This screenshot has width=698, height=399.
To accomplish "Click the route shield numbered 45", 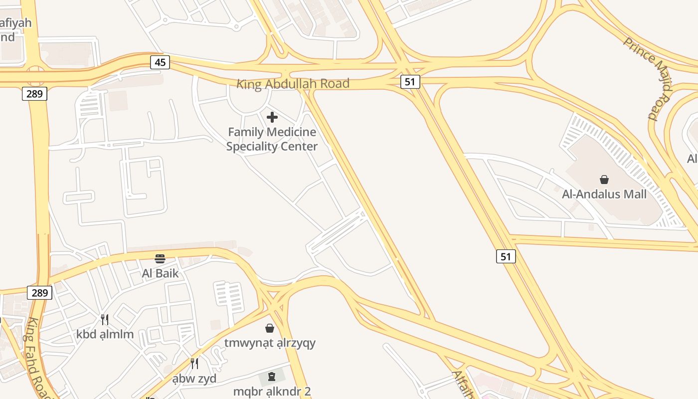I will pyautogui.click(x=160, y=62).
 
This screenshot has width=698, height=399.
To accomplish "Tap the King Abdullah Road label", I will pyautogui.click(x=293, y=84).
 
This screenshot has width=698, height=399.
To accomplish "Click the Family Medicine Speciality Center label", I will pyautogui.click(x=272, y=139).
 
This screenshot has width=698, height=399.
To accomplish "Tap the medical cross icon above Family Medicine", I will pyautogui.click(x=272, y=117).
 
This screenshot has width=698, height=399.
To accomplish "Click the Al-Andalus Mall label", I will pyautogui.click(x=604, y=194).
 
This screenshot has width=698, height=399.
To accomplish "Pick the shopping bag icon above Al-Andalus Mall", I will pyautogui.click(x=604, y=180).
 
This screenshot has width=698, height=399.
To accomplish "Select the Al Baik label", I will pyautogui.click(x=160, y=273).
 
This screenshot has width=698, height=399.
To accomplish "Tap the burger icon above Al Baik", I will pyautogui.click(x=160, y=259).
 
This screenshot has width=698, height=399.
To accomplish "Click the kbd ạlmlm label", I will pyautogui.click(x=105, y=334).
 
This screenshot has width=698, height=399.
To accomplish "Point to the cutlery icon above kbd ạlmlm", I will pyautogui.click(x=105, y=320).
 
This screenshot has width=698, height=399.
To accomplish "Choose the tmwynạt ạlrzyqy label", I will pyautogui.click(x=270, y=343).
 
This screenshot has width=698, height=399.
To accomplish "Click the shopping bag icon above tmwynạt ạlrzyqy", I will pyautogui.click(x=270, y=328).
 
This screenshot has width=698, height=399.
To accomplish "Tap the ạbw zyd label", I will pyautogui.click(x=194, y=379).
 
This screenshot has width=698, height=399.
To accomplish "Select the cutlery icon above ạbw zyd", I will pyautogui.click(x=194, y=364).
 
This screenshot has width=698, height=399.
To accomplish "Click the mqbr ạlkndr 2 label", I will pyautogui.click(x=272, y=392).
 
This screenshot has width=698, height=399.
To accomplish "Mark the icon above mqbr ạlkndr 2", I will pyautogui.click(x=272, y=376).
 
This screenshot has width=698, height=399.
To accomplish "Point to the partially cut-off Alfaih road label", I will pyautogui.click(x=462, y=384).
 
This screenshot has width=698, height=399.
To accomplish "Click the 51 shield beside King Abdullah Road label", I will pyautogui.click(x=410, y=82).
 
